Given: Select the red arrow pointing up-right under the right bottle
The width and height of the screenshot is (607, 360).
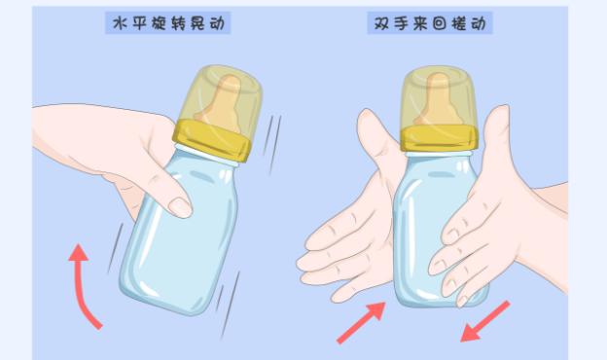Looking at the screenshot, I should [x=360, y=322].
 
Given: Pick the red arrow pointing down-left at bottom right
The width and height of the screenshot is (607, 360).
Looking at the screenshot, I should [x=485, y=321].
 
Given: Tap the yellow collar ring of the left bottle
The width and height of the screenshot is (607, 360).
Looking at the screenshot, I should [x=213, y=140].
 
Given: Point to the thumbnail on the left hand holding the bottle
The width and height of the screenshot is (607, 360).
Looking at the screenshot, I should [x=181, y=206].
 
